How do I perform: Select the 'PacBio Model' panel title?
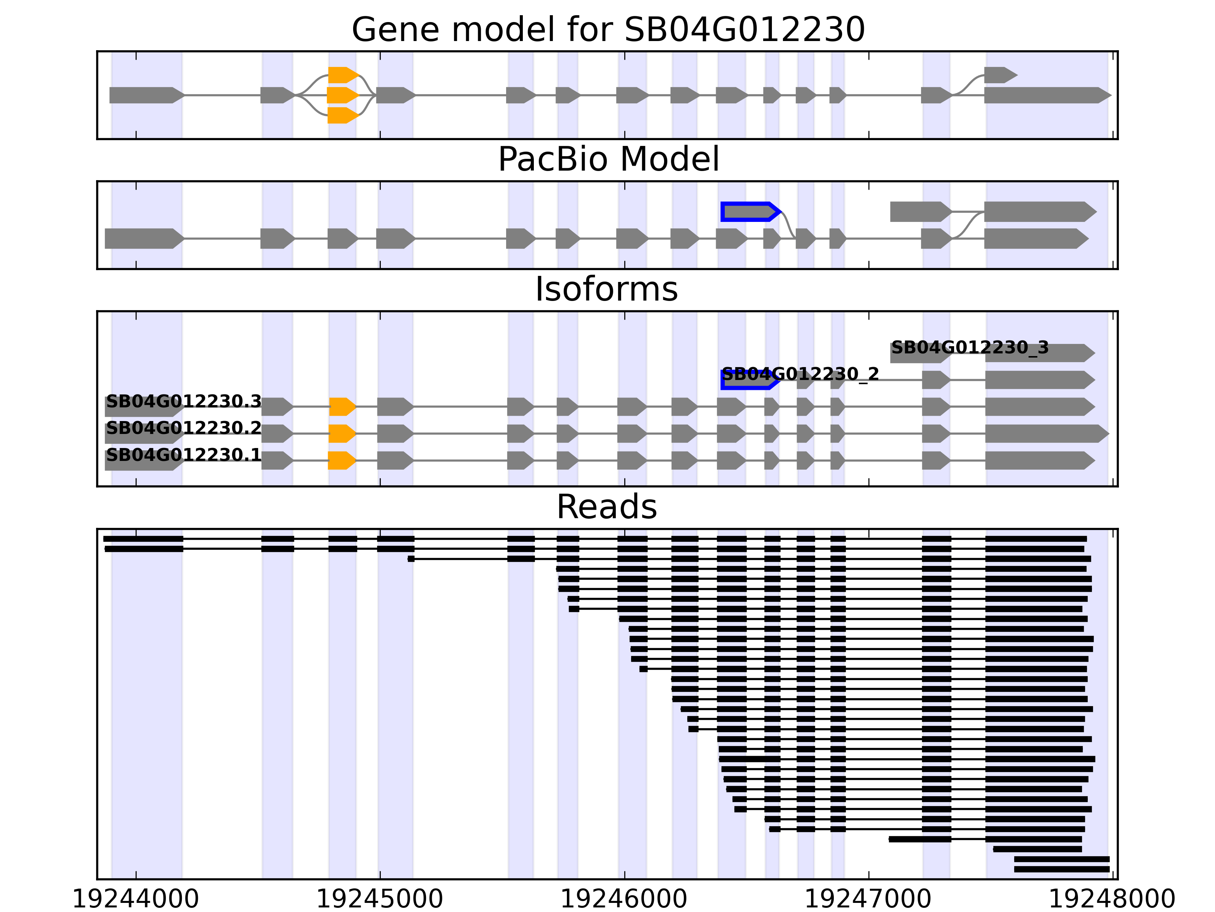(x=608, y=160)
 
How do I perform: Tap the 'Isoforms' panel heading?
(x=606, y=289)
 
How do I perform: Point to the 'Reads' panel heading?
(x=606, y=507)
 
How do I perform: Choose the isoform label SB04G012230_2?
(x=800, y=374)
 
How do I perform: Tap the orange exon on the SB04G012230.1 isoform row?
(x=341, y=461)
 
